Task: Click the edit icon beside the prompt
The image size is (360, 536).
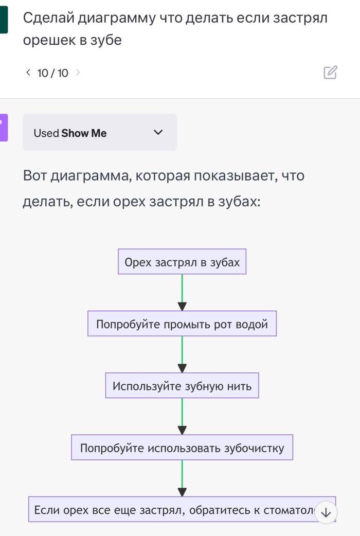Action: [330, 73]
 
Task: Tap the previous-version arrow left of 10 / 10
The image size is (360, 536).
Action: [28, 73]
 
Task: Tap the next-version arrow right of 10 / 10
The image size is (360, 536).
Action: [78, 73]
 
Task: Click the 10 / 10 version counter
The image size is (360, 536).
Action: [52, 73]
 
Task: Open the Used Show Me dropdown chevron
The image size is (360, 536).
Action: [158, 133]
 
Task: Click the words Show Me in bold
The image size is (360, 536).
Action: [84, 133]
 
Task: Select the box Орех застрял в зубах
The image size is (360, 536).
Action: [182, 262]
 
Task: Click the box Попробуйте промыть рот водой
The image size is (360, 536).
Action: [182, 324]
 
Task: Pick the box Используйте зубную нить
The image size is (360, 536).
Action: [182, 386]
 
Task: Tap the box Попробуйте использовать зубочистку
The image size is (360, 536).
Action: [182, 448]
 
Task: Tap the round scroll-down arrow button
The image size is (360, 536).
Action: [326, 512]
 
